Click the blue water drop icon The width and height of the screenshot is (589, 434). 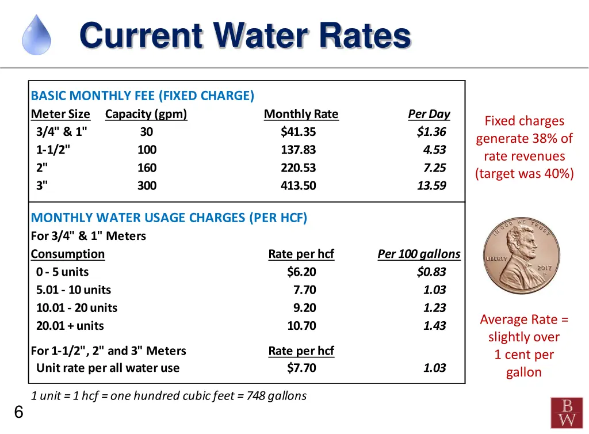[x=36, y=35]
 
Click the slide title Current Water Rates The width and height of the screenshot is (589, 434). [x=245, y=36]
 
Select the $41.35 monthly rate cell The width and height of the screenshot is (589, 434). [x=298, y=132]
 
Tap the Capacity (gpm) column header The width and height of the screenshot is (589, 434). [x=146, y=114]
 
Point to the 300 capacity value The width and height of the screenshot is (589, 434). [x=147, y=185]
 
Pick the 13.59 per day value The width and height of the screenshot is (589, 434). [x=431, y=185]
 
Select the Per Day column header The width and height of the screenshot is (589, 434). [x=429, y=114]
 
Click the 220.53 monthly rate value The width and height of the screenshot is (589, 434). [x=298, y=167]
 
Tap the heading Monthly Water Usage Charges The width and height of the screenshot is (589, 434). [x=169, y=218]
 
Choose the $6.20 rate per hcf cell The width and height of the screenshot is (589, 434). [x=301, y=272]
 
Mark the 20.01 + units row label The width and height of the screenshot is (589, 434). [x=70, y=326]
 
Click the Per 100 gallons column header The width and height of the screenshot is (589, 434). [x=419, y=254]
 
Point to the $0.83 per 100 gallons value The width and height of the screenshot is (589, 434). [x=431, y=272]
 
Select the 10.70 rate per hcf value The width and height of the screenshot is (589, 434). [x=301, y=326]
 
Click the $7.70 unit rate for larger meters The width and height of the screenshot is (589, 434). [x=301, y=368]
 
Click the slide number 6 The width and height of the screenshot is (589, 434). [x=18, y=412]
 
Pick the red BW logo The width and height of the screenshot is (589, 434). [x=567, y=413]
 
